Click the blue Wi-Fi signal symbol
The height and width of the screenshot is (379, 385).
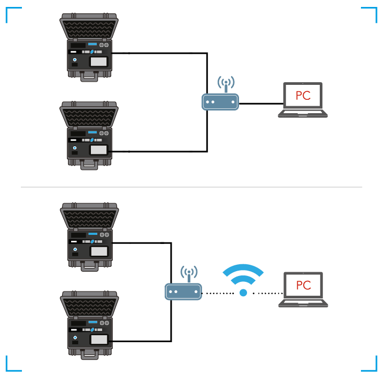(243, 273)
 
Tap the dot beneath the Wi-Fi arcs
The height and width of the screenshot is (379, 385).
(243, 293)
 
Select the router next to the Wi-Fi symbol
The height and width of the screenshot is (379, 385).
(183, 291)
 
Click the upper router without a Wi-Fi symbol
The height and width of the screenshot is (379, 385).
(220, 101)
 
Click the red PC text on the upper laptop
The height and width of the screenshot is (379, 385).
(303, 96)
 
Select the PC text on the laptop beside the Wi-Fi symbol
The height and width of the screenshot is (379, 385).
(303, 285)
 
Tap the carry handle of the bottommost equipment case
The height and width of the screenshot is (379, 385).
(90, 355)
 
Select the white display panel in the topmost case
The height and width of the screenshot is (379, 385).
(98, 61)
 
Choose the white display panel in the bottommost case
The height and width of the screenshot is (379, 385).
(99, 339)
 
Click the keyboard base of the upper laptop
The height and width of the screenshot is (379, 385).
(303, 113)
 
